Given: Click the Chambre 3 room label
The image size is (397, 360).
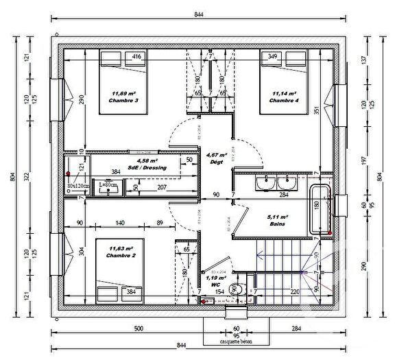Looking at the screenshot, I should tap(123, 101).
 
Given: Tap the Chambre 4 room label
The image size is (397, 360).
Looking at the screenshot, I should tap(282, 101).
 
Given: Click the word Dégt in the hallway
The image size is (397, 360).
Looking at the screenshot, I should tap(215, 163).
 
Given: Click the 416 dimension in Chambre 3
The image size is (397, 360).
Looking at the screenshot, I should tap(136, 56).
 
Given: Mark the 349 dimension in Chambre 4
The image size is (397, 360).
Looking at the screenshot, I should tap(272, 56).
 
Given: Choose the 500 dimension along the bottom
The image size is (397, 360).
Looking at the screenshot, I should tap(137, 328).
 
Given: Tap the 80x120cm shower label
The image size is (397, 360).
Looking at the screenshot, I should tap(77, 186).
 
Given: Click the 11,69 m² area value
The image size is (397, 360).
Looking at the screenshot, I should tap(123, 94).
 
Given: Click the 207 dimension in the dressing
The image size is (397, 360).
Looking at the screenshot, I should tap(163, 186).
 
